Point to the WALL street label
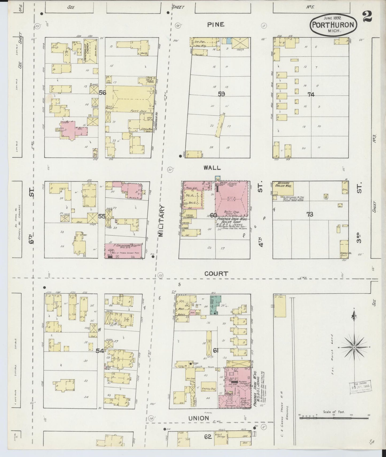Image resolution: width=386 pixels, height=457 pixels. coord(212,168)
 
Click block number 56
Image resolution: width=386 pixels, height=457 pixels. coord(103,93)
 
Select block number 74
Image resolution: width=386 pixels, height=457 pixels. coord(311,94)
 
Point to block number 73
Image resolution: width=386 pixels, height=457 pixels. coord(310,214)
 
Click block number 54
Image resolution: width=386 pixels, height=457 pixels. coord(100,351)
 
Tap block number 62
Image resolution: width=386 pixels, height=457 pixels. coord(208,437)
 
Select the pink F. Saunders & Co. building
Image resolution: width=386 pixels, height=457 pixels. coord(123,251)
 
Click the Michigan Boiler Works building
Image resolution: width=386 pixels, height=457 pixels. coord(283,188)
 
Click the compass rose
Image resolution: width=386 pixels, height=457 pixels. coord(354,347)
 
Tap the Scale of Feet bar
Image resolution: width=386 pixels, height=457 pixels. coord(334,417)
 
